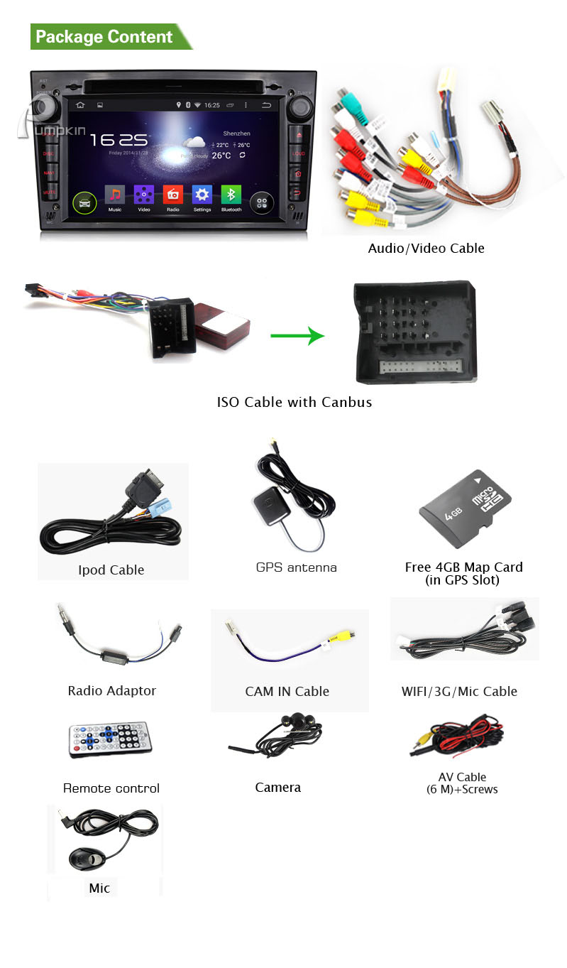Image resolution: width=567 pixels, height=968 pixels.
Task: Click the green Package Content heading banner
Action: point(106,37)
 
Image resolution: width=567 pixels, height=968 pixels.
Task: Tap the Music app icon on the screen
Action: point(115,195)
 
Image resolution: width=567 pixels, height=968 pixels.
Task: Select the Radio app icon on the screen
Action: point(173,195)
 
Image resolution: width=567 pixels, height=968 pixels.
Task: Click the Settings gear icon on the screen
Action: point(202,195)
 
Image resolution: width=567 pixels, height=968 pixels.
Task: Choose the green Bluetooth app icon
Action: point(231,195)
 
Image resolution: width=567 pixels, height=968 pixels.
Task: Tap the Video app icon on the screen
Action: point(144,195)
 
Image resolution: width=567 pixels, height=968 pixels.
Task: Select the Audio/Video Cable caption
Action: point(426,249)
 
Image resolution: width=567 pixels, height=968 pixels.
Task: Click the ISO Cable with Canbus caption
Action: point(294,402)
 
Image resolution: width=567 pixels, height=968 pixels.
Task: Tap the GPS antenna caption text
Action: point(296,567)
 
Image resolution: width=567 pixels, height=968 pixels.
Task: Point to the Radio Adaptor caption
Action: point(111,690)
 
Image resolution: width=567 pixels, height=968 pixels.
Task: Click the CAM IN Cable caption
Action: point(287,691)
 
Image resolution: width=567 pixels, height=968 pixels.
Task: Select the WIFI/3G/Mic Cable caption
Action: point(459,691)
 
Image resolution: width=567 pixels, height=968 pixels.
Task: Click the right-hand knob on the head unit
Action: point(300,108)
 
